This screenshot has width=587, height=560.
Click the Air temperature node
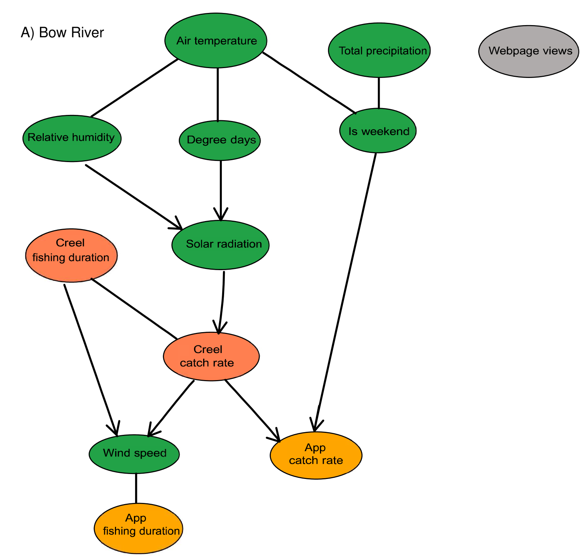(216, 41)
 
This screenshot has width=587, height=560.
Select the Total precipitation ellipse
(379, 51)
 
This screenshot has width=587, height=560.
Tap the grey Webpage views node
(529, 51)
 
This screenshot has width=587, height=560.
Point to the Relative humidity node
(72, 138)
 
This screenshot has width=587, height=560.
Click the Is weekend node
(378, 131)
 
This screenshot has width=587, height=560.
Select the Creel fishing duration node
(71, 256)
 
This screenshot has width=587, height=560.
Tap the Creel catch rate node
(211, 356)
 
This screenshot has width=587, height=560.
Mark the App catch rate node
(316, 455)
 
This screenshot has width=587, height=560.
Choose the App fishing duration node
(139, 528)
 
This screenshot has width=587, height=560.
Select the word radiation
(242, 244)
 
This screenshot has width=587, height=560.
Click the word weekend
(385, 132)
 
